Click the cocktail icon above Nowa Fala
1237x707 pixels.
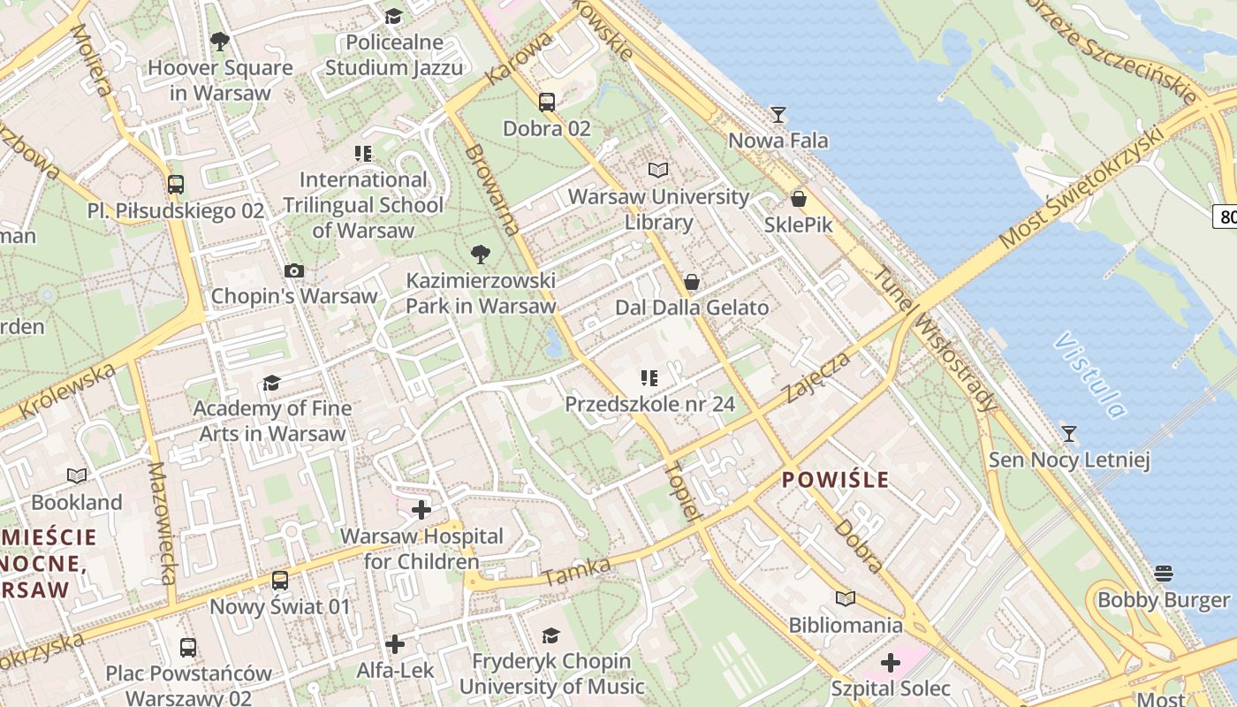(x=778, y=114)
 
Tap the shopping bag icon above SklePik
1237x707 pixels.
(x=799, y=199)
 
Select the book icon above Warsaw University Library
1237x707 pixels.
(x=657, y=170)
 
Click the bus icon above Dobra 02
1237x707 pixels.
(x=547, y=102)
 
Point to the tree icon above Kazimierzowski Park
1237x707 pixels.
(x=481, y=255)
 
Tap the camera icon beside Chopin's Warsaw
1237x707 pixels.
(x=294, y=270)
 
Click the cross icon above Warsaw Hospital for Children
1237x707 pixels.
(x=421, y=510)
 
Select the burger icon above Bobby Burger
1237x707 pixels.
(x=1164, y=574)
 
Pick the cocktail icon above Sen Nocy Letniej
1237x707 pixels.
(x=1069, y=433)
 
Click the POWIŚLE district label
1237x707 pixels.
(x=836, y=480)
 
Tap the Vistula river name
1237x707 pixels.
(x=1090, y=375)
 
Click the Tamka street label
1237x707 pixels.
(x=577, y=572)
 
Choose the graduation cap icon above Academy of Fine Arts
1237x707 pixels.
(x=271, y=383)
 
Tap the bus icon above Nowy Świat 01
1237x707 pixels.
(x=280, y=581)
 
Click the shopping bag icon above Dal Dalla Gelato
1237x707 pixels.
(x=692, y=282)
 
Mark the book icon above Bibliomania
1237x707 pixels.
(x=846, y=599)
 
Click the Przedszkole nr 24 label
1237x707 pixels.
(x=649, y=405)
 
